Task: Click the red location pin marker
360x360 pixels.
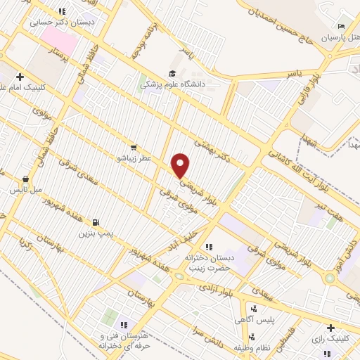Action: [181, 165]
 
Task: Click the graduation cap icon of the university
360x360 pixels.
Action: [172, 73]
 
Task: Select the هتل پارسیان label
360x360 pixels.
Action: [340, 37]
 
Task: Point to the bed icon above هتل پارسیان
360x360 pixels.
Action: [342, 26]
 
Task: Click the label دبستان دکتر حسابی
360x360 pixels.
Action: [62, 22]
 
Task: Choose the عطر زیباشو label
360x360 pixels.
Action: [135, 160]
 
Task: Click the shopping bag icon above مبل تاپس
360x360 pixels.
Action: [26, 179]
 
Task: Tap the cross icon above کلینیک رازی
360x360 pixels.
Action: [331, 327]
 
